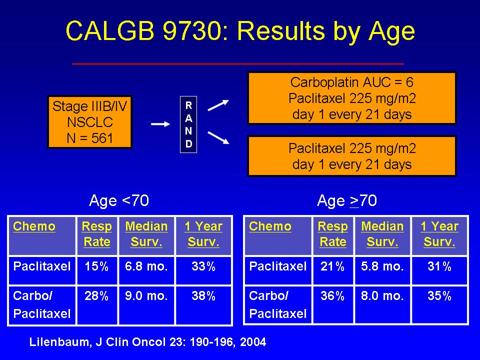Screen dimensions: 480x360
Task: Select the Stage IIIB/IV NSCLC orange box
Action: [89, 122]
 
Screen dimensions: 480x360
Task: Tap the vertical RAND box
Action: [188, 124]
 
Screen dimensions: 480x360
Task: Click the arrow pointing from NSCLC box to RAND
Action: [160, 124]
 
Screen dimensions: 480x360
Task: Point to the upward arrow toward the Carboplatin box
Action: [218, 105]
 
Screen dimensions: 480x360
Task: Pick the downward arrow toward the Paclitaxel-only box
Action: [218, 137]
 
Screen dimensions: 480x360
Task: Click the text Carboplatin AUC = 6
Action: [351, 82]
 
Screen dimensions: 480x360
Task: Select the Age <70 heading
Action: [119, 200]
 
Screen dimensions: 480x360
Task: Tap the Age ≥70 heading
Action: [347, 200]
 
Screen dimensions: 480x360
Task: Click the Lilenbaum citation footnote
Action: [147, 342]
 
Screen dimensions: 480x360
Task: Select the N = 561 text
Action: [90, 138]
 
